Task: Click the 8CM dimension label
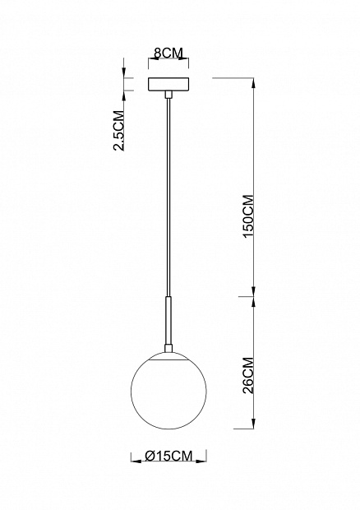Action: (x=168, y=53)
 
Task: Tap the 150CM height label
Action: (x=248, y=216)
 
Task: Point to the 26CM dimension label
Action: (x=248, y=376)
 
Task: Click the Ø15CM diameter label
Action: (x=168, y=456)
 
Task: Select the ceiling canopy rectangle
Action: (x=168, y=84)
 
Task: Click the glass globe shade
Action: (x=168, y=391)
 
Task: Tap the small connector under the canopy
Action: (x=168, y=95)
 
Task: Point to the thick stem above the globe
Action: (x=168, y=320)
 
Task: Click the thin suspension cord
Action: (x=168, y=197)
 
